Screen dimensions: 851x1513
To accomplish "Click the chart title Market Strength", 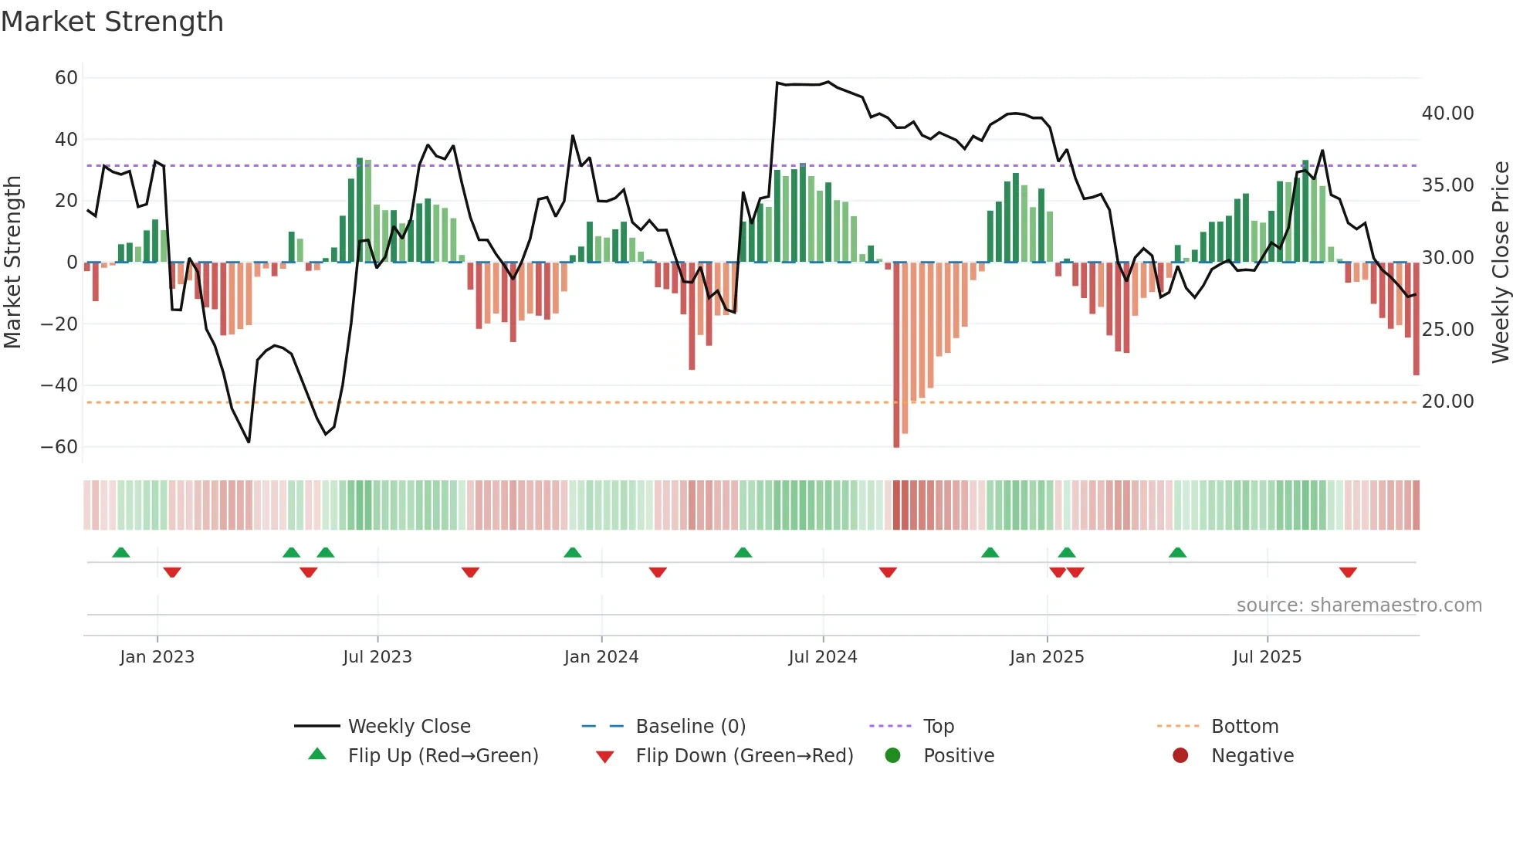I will coord(112,22).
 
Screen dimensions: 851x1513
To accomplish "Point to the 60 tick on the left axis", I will coord(66,78).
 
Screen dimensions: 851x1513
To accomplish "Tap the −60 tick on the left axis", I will coord(59,447).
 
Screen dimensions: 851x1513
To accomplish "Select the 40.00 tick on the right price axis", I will coord(1447,114).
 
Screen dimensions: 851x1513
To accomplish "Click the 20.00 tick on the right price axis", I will coord(1447,402).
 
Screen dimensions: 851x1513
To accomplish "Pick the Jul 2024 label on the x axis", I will coord(822,657).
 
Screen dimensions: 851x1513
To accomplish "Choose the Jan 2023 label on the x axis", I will coord(157,657).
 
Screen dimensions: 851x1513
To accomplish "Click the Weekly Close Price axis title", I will coord(1500,263).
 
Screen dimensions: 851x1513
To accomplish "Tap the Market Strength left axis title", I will coord(12,263).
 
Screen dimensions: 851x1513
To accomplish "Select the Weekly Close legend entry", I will coord(408,727).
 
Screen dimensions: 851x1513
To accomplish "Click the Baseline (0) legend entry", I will coord(690,727).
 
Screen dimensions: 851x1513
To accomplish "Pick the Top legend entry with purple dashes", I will coord(938,727).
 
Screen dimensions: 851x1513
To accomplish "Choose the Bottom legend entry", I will coord(1244,727).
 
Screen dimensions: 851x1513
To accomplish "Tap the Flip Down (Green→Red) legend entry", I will coord(743,756).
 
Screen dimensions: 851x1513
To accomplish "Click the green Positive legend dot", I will coord(892,756).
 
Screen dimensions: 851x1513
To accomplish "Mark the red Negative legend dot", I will coord(1180,756).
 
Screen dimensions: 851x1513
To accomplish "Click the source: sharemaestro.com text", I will coord(1359,605).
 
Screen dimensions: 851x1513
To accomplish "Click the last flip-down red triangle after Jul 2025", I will coord(1348,572).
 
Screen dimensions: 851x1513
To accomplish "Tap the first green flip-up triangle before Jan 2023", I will coord(121,552).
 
